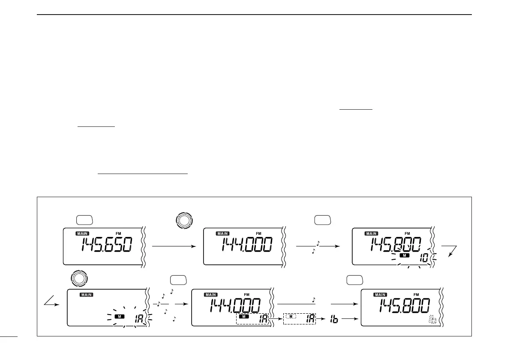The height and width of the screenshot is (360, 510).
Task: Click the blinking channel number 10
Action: click(423, 259)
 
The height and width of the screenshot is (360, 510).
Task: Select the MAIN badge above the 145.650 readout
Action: click(83, 234)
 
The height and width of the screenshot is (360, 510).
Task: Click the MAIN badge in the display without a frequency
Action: click(87, 295)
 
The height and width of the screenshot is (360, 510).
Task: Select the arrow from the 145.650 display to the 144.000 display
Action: click(174, 246)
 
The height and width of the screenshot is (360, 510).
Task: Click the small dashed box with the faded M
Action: click(299, 318)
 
